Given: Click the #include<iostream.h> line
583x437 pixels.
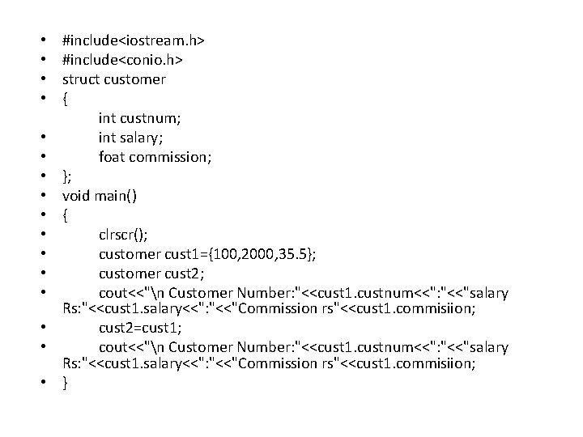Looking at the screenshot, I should tap(134, 40).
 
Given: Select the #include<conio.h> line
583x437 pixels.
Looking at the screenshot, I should tap(122, 60).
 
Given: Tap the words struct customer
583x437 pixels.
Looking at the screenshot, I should tap(114, 79).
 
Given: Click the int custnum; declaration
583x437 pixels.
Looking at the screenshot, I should tap(139, 118).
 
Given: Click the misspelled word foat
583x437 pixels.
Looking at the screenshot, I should tap(113, 157).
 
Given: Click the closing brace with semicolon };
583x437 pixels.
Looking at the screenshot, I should tap(68, 176).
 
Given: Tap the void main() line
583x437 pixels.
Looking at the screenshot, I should tap(100, 196).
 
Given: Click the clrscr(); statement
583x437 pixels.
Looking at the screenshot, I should tap(123, 235).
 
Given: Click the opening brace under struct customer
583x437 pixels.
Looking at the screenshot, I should tap(66, 100).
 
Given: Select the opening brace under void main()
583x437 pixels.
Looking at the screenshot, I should tap(66, 216).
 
